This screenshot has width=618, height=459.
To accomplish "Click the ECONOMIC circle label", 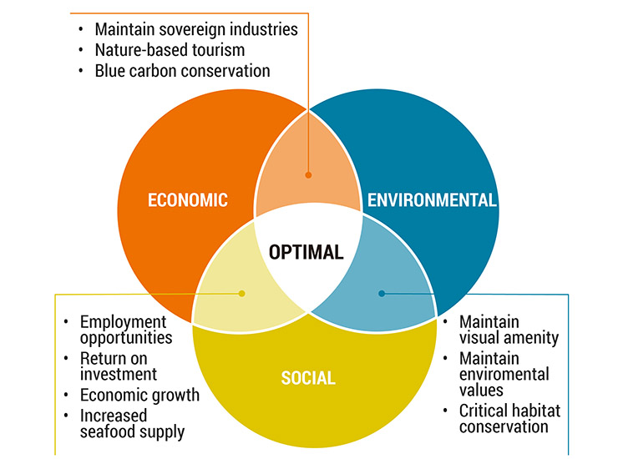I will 188,200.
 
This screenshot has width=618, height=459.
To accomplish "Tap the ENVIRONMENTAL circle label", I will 432,200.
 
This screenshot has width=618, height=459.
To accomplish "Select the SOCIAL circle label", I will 307,378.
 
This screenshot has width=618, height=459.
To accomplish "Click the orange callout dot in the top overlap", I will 308,175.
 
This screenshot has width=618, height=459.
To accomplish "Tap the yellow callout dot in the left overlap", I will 242,293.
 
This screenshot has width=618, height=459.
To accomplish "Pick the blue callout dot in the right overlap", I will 382,293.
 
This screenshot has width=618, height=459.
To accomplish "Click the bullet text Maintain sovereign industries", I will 195,29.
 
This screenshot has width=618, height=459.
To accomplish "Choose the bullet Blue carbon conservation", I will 182,71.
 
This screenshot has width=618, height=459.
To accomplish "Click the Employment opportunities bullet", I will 125,330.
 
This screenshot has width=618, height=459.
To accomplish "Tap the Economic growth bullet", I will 139,395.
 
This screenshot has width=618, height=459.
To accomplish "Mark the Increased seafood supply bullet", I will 132,423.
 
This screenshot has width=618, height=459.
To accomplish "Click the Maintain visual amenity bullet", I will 509,330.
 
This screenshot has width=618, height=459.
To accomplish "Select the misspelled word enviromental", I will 504,374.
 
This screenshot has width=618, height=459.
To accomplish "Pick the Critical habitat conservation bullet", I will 509,418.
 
